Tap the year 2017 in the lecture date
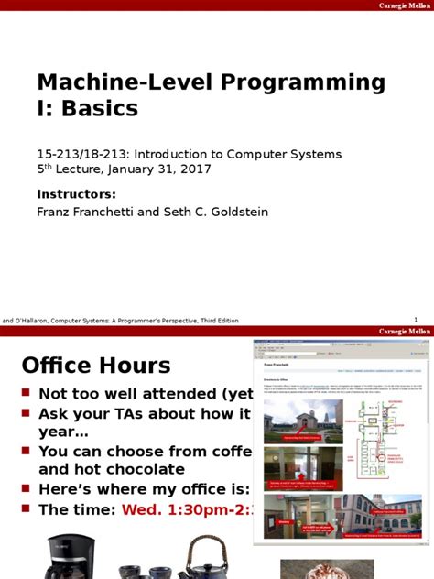tap(196, 169)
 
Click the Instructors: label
tap(76, 193)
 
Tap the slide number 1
tap(416, 320)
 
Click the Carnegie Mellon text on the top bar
tap(405, 5)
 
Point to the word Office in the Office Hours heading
tap(60, 366)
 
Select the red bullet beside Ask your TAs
tap(27, 413)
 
